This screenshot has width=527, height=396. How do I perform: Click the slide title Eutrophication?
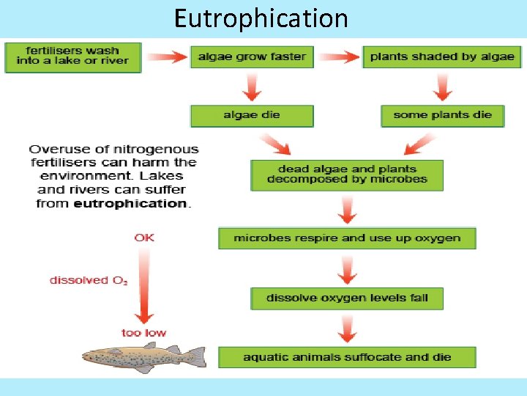(x=261, y=18)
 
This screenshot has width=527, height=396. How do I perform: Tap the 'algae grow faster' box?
(x=252, y=56)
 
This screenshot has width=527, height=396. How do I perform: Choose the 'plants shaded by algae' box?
(x=442, y=56)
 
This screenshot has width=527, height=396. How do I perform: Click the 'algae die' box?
(x=252, y=115)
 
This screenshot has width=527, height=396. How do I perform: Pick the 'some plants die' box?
(x=442, y=115)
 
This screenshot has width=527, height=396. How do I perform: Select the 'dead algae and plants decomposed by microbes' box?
(x=347, y=175)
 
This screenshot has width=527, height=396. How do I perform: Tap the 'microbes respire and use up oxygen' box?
(x=347, y=238)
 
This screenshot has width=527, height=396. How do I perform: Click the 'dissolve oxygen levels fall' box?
(x=347, y=298)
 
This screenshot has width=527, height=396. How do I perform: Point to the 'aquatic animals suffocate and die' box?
(x=347, y=357)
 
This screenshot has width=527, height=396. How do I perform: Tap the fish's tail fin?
(x=196, y=357)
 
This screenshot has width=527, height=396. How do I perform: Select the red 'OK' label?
(x=144, y=238)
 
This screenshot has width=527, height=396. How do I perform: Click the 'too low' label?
(x=144, y=333)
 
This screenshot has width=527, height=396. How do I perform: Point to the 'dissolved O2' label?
(x=89, y=280)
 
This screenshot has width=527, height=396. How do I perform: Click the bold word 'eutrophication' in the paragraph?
(x=131, y=203)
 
